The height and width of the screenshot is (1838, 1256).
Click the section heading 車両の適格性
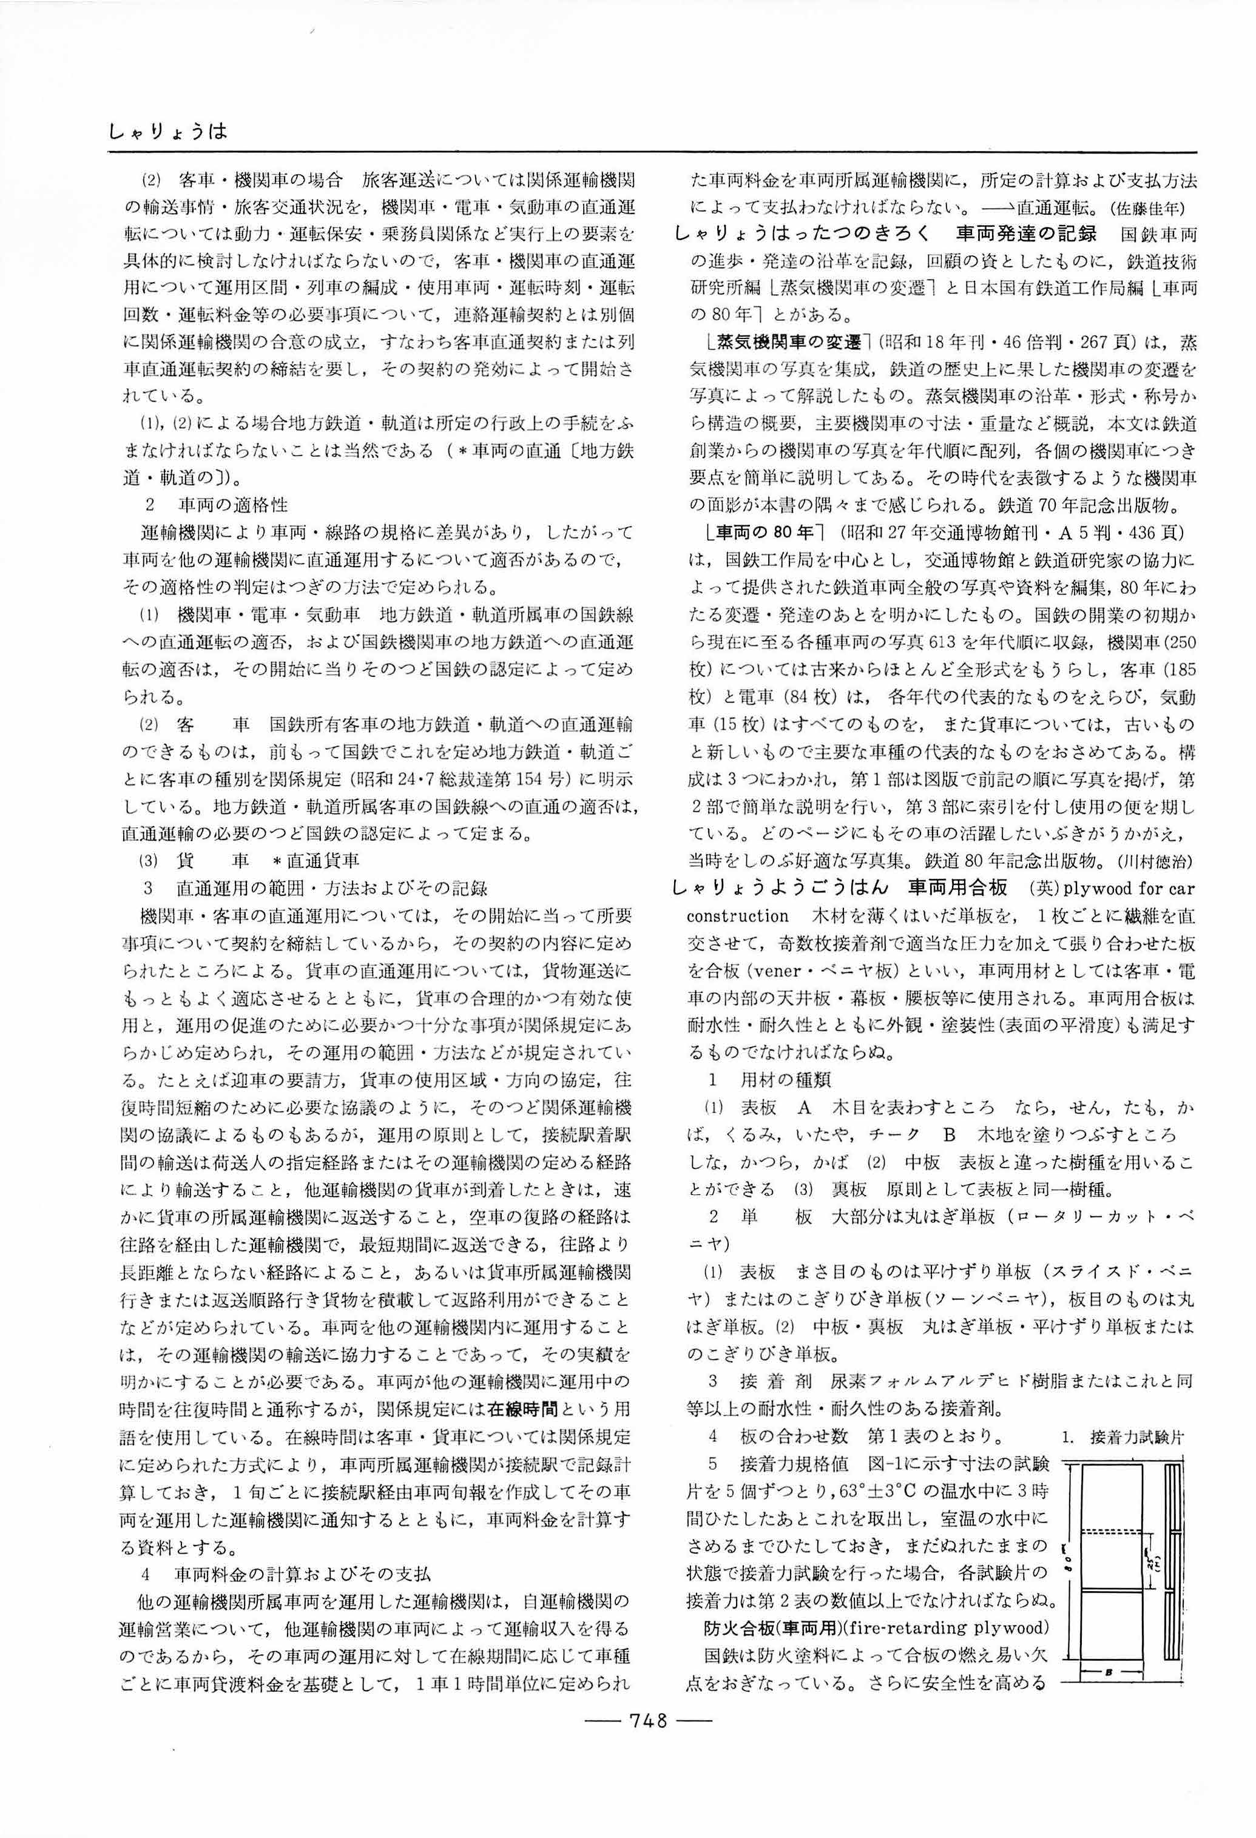[x=232, y=504]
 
